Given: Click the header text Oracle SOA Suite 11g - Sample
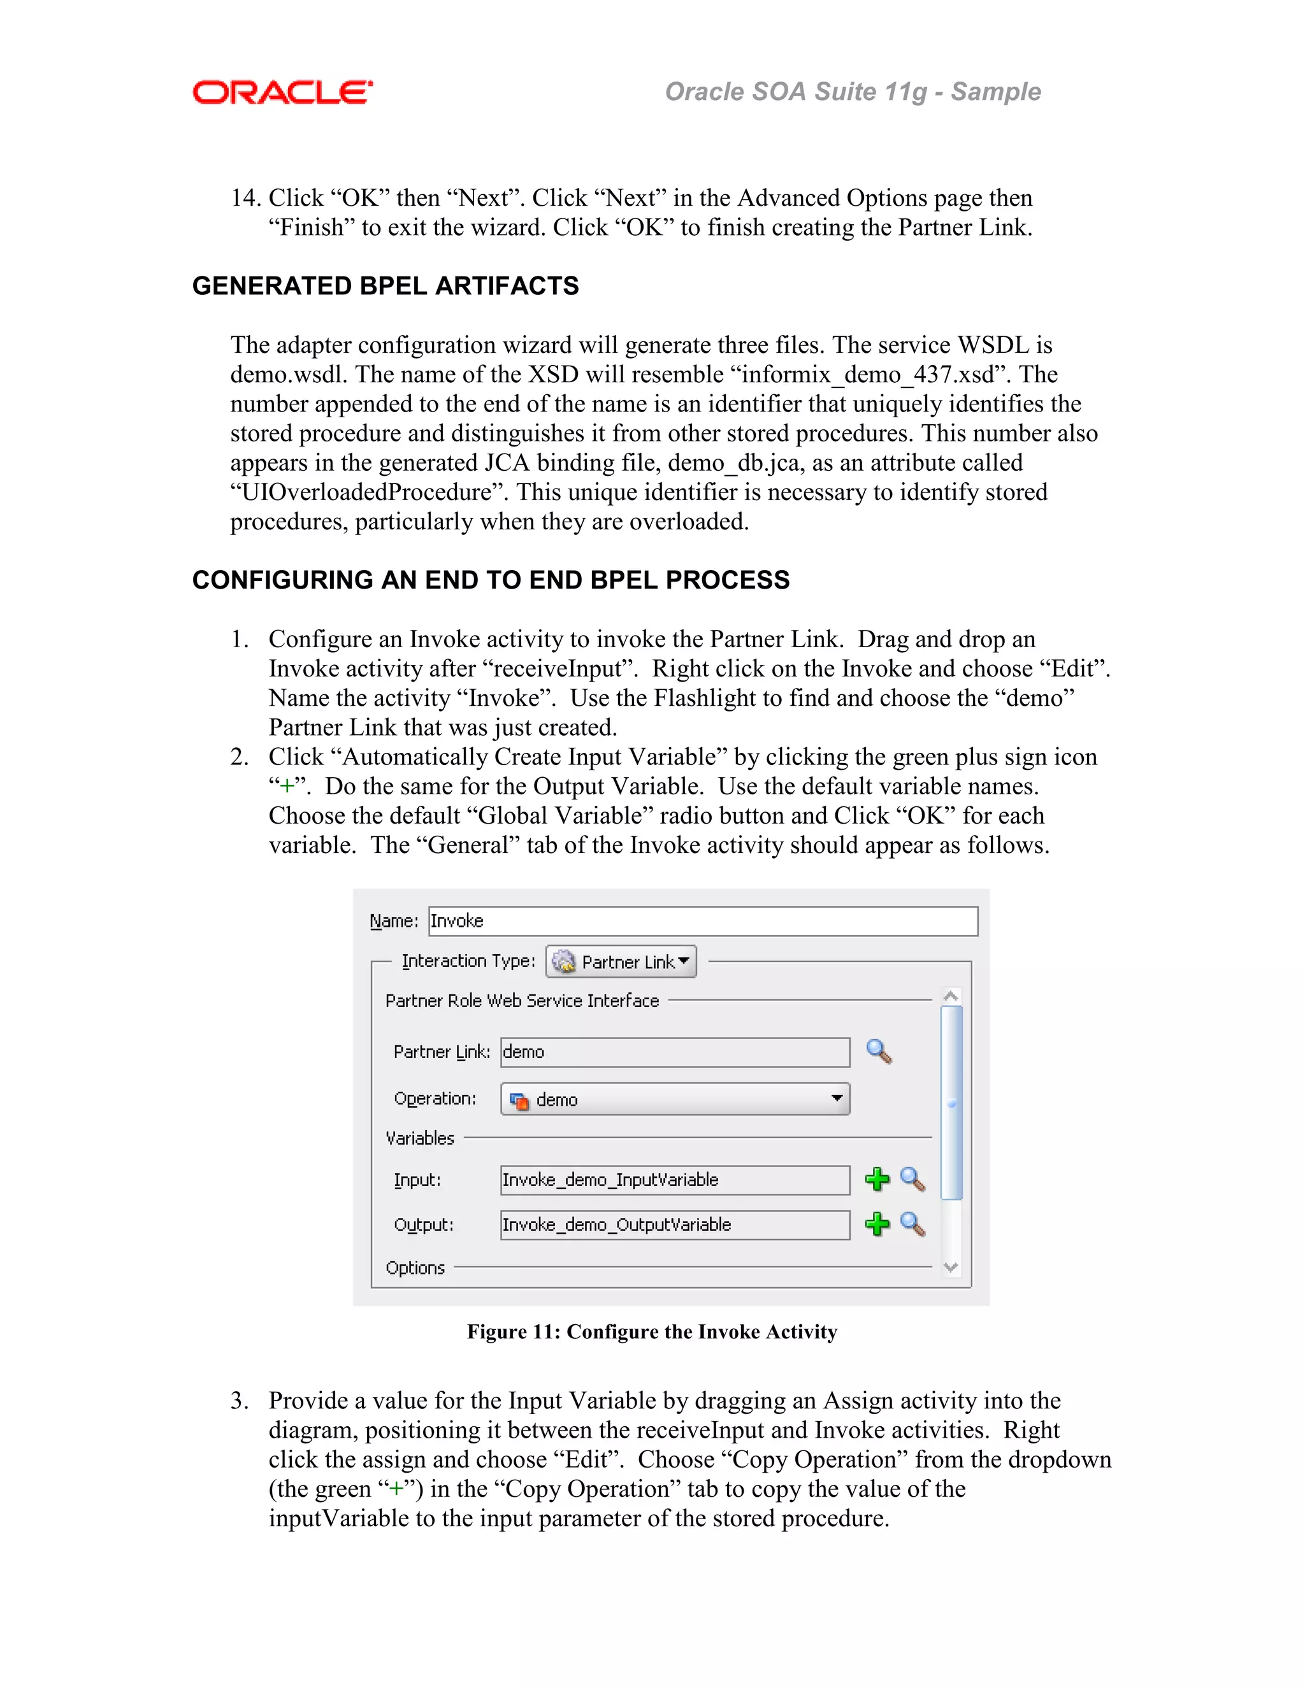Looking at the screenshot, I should [x=852, y=92].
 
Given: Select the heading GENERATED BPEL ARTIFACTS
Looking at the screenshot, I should [x=385, y=286].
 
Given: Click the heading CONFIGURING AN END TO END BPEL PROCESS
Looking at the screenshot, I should [x=490, y=580].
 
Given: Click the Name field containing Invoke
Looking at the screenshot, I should [x=702, y=921].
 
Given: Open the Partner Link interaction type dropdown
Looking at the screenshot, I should [x=621, y=961].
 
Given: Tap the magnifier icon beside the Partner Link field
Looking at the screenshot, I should [x=879, y=1051].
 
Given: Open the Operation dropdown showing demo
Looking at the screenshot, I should [x=675, y=1099].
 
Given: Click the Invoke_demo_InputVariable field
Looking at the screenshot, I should [x=674, y=1180].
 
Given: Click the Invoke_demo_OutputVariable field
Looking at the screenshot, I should [x=674, y=1225].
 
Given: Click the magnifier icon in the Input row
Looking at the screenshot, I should [x=913, y=1180].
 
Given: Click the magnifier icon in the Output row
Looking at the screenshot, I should [x=913, y=1224].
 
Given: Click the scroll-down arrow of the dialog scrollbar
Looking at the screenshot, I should [x=951, y=1268].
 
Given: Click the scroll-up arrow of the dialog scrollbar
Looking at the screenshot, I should [x=951, y=997].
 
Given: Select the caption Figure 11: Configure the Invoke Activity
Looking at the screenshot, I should [x=652, y=1332].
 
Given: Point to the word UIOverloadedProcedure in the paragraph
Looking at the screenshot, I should [x=366, y=492].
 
